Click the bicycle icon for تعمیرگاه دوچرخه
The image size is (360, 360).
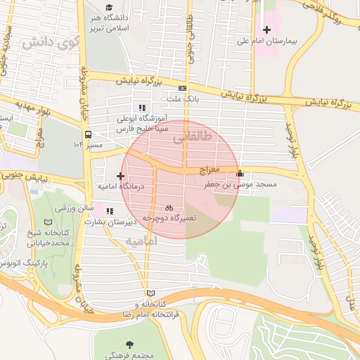[x=169, y=207]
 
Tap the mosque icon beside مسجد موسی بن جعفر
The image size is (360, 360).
[x=240, y=173]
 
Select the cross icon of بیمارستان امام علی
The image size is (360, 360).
[x=266, y=30]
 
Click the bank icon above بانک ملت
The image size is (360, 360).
[x=183, y=88]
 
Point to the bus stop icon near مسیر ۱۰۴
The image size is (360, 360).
[x=88, y=134]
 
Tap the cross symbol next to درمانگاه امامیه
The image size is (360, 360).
[x=120, y=176]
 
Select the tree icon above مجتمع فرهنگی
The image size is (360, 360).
[x=129, y=345]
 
